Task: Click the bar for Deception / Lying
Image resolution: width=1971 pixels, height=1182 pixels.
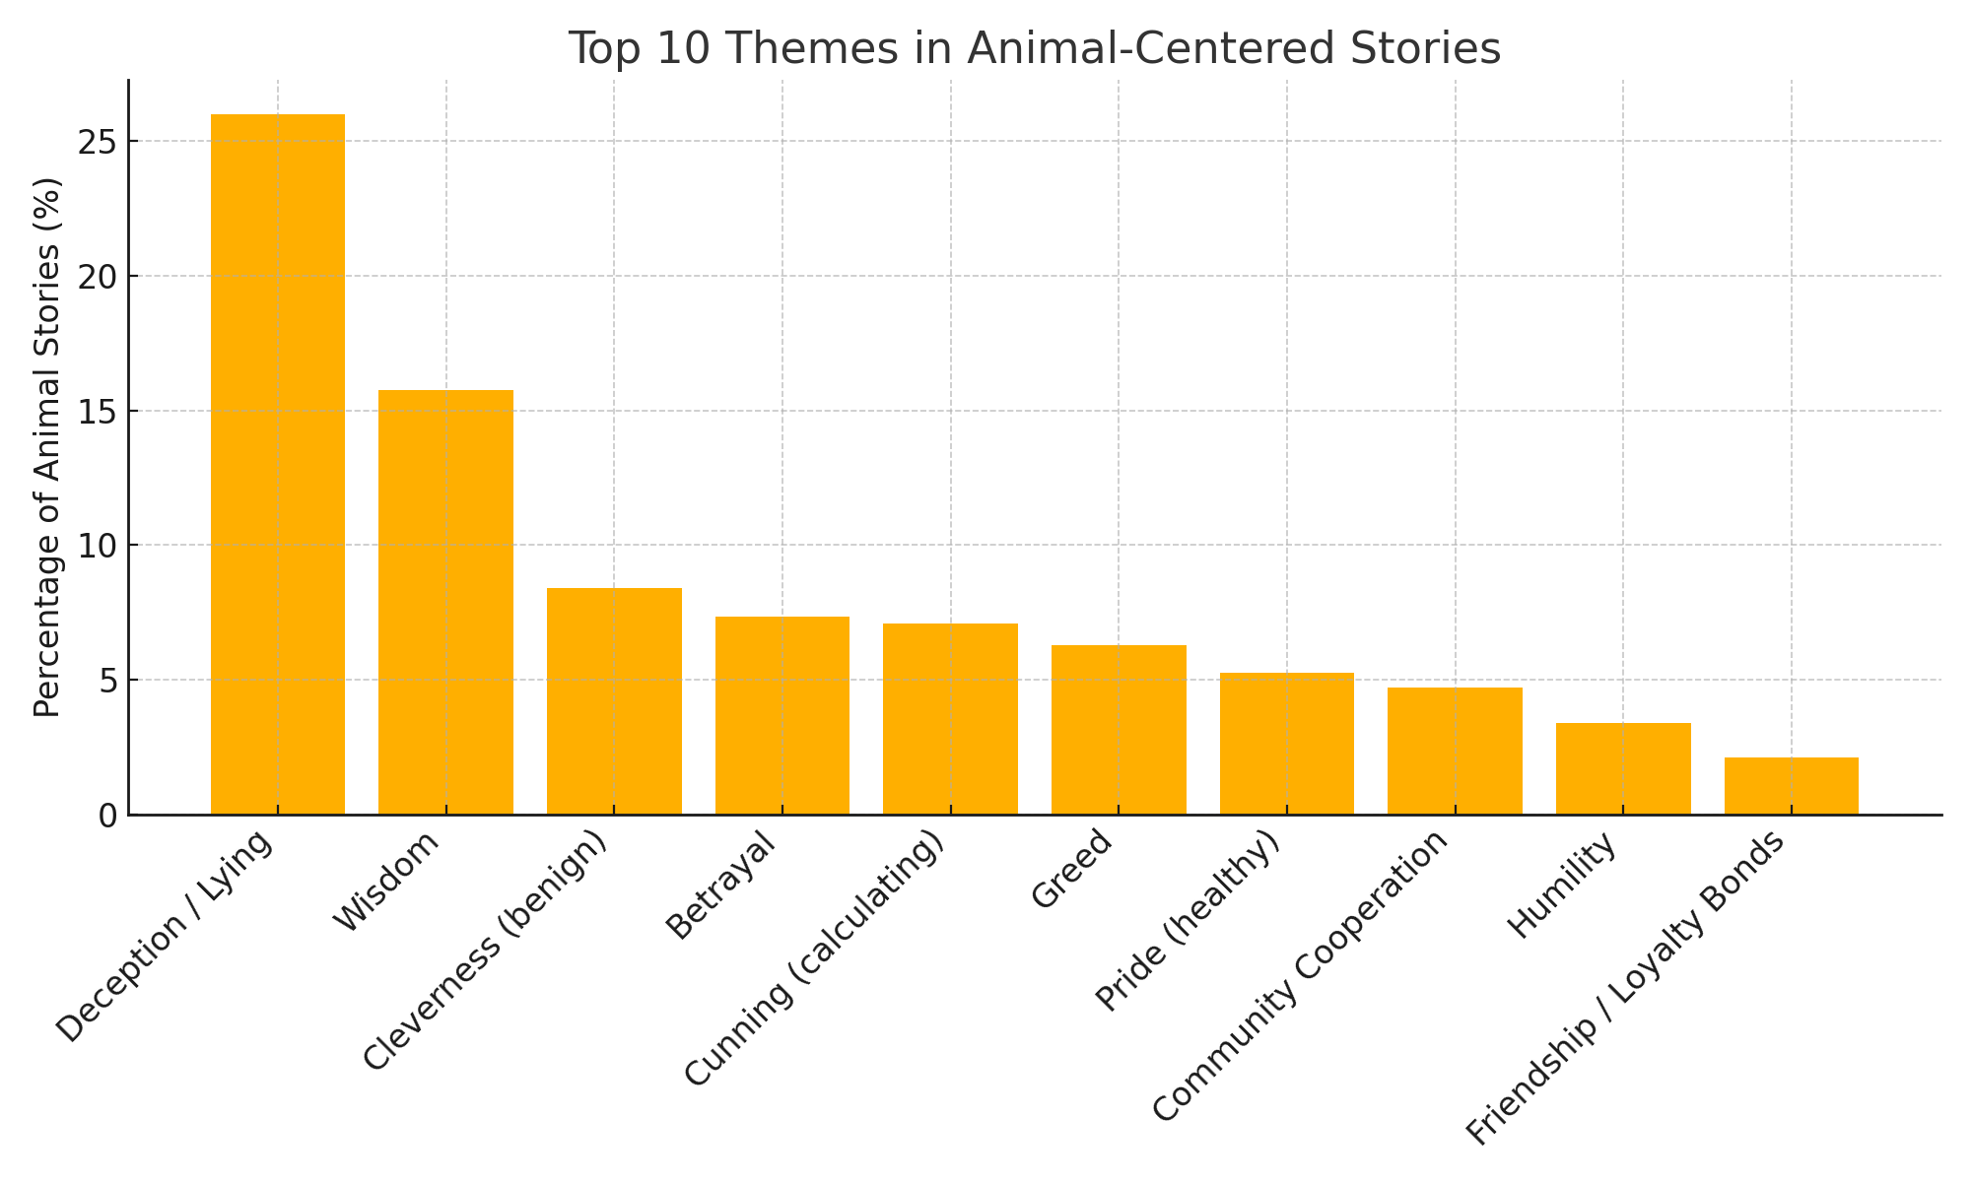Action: tap(278, 464)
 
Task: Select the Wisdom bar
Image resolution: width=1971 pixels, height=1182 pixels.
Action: tap(445, 602)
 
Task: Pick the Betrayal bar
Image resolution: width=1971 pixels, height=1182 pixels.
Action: tap(782, 715)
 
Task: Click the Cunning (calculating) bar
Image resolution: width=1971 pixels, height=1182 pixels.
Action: tap(950, 719)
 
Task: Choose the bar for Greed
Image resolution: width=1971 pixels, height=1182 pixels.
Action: tap(1119, 730)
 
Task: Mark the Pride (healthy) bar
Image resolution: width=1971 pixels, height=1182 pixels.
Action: tap(1287, 744)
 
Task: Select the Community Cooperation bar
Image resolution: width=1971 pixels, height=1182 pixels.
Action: tap(1455, 751)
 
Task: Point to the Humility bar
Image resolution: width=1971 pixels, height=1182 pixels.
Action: tap(1623, 768)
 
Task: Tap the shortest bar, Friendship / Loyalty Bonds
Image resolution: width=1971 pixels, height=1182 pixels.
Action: tap(1792, 786)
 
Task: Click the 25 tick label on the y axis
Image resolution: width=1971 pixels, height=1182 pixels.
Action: tap(96, 142)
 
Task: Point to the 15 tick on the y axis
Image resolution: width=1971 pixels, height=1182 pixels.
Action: tap(96, 412)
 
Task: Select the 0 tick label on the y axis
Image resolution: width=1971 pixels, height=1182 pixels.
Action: tap(106, 816)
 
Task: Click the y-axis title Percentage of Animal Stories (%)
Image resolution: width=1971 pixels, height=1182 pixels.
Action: tap(47, 447)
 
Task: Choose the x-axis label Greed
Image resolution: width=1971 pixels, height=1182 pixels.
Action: tap(1072, 870)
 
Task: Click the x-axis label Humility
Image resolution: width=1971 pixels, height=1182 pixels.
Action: tap(1563, 886)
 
